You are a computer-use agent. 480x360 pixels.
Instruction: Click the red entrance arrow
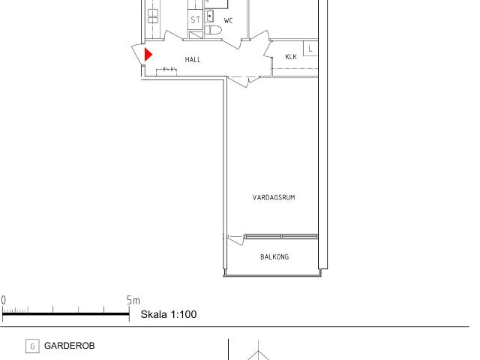point(148,55)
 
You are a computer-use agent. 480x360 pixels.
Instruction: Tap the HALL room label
point(193,60)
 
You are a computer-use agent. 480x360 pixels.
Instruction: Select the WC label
point(228,21)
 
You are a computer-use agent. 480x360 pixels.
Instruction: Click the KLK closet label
point(291,57)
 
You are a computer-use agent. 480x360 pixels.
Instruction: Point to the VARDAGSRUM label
point(274,197)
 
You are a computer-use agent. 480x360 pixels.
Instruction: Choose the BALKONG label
point(274,256)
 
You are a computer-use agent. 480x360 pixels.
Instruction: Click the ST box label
point(195,20)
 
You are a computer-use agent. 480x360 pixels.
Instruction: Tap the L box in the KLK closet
point(310,48)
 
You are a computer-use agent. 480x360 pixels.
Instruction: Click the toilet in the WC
point(213,30)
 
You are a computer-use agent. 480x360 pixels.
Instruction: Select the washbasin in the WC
point(209,16)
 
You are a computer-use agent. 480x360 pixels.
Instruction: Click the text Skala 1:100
point(169,314)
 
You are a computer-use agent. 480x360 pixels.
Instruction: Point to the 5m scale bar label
point(133,300)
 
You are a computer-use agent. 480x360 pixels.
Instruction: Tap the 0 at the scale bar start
point(3,300)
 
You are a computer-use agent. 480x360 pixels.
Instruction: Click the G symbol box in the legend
point(32,346)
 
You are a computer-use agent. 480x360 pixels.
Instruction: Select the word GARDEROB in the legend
point(70,346)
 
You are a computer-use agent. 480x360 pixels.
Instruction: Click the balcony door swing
point(235,240)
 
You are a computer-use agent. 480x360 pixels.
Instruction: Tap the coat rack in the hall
point(166,71)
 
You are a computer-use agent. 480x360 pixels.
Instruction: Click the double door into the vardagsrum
point(243,81)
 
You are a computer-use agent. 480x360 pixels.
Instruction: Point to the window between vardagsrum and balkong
point(281,237)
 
